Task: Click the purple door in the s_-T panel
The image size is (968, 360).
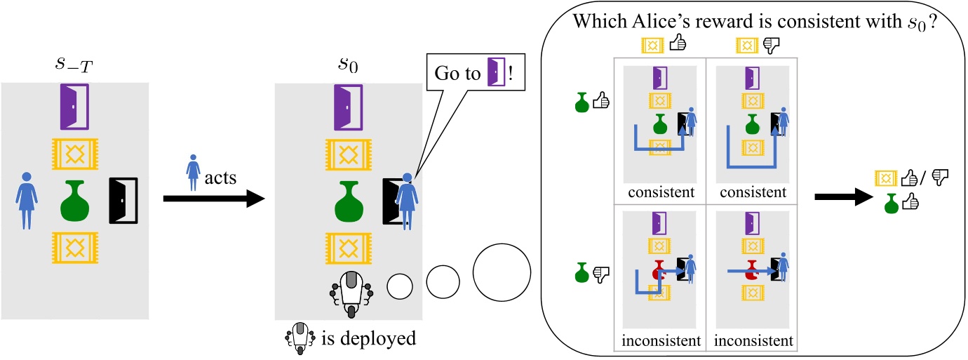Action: pos(75,107)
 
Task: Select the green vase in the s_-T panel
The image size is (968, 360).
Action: pos(75,200)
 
